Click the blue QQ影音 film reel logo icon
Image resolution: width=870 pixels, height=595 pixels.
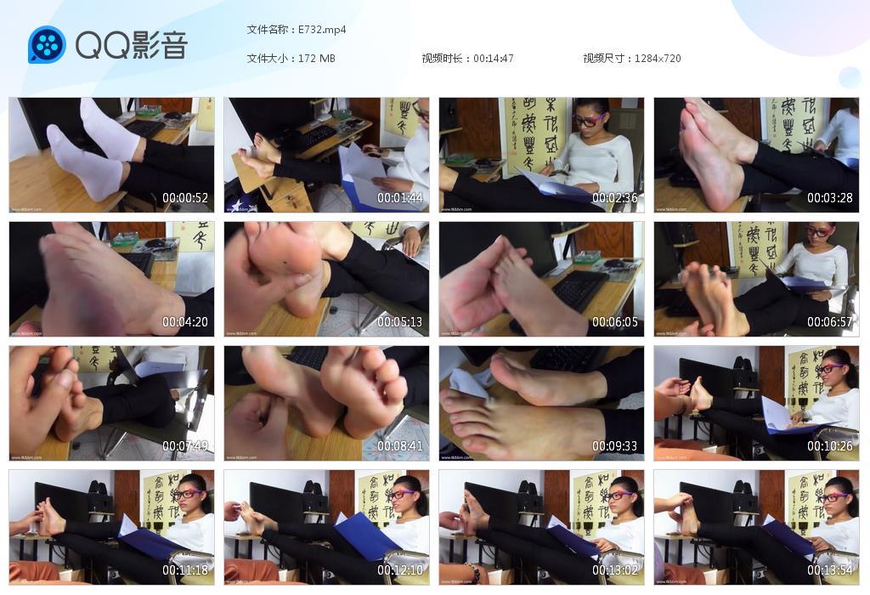(x=47, y=44)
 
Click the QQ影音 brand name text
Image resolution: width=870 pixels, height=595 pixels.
(x=131, y=45)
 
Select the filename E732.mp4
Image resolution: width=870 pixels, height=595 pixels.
(x=322, y=30)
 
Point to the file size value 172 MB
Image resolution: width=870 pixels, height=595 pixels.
(x=317, y=59)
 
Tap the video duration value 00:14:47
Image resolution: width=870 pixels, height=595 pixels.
(x=494, y=59)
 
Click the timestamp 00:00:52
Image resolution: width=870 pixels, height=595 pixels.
(x=185, y=198)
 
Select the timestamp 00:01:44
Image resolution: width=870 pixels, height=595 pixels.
(x=400, y=198)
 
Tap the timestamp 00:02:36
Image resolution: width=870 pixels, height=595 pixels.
(x=615, y=198)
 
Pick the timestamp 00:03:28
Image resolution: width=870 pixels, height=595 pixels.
(x=830, y=198)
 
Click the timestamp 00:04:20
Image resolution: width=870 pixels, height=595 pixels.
(x=185, y=322)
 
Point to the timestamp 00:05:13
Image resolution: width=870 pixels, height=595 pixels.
(x=400, y=322)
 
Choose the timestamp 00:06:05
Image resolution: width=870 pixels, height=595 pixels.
(x=615, y=322)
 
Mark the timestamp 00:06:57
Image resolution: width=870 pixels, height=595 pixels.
(x=830, y=322)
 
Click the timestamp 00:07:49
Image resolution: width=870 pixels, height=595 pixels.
(x=185, y=446)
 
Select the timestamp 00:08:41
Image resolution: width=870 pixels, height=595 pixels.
(x=400, y=446)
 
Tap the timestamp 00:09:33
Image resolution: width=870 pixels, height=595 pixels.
(x=615, y=446)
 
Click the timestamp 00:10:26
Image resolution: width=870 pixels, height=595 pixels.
(x=830, y=446)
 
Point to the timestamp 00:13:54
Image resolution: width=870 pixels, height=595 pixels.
(x=830, y=570)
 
